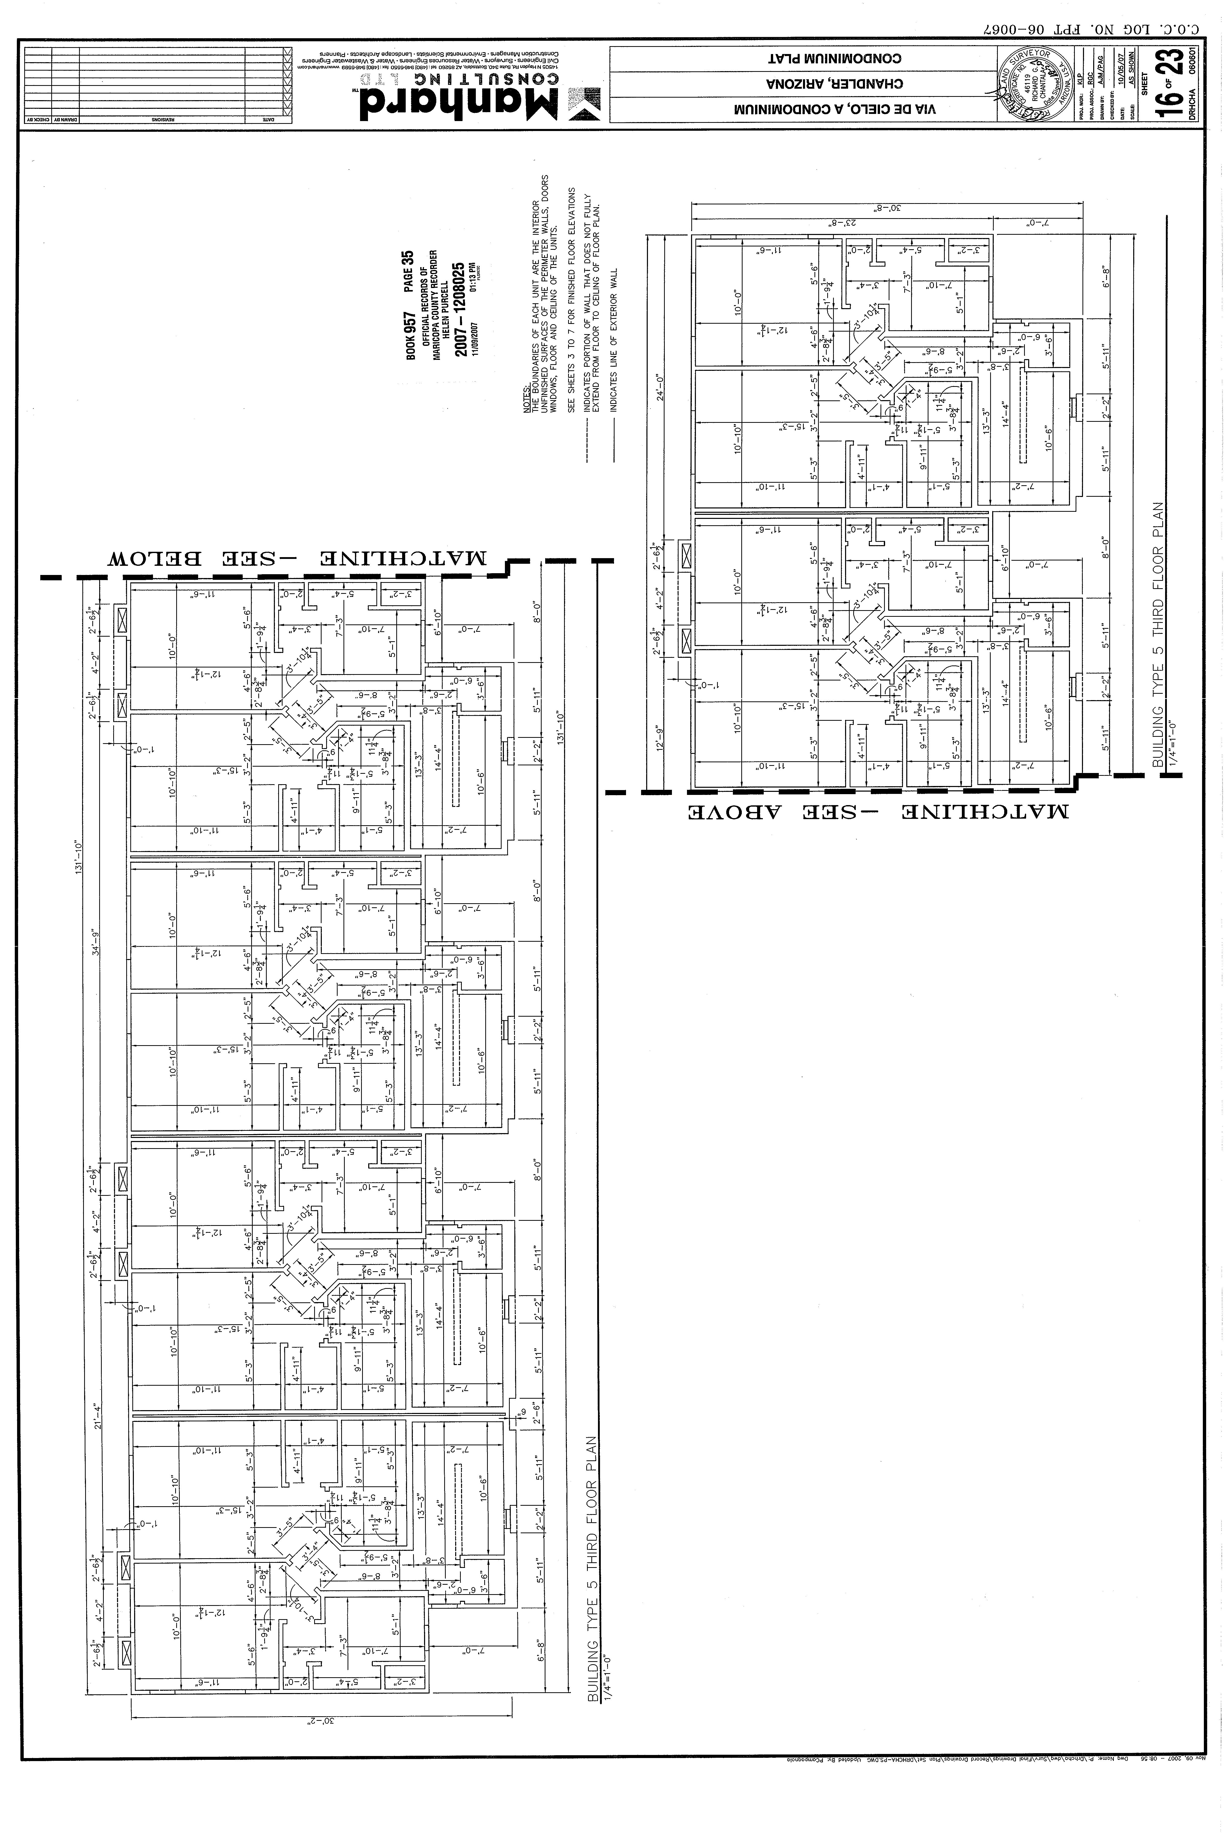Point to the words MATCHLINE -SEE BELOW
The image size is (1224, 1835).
297,559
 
